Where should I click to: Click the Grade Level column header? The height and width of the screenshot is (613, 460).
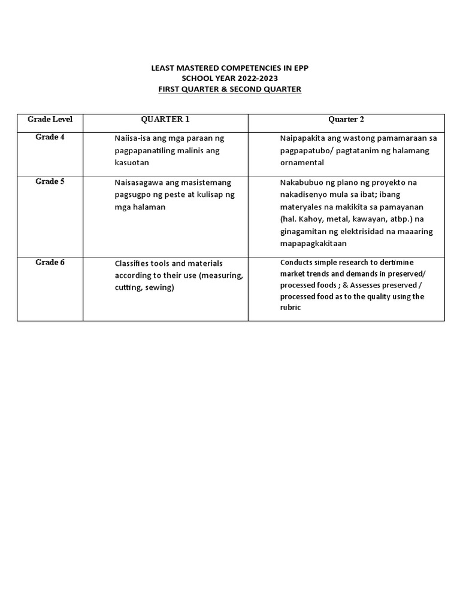point(50,119)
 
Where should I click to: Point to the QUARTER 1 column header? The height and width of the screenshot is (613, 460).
point(165,119)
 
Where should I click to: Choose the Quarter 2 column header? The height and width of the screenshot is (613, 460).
point(346,119)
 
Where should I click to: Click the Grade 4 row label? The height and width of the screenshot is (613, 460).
point(50,137)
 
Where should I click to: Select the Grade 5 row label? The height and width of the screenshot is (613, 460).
point(50,181)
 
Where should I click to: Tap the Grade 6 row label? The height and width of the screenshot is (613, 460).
point(50,262)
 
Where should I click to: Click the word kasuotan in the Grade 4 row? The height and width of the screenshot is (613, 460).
point(132,162)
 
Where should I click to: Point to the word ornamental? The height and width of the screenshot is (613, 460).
point(302,162)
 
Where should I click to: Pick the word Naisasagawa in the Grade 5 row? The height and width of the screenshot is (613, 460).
point(139,183)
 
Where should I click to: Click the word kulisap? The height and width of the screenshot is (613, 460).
point(207,195)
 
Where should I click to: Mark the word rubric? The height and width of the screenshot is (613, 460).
point(290,307)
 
